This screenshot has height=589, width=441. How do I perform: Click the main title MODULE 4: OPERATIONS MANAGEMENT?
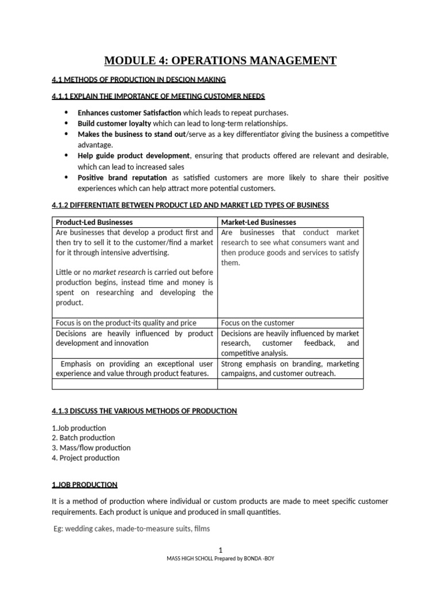click(220, 60)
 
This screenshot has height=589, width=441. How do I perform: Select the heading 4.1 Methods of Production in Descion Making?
click(138, 79)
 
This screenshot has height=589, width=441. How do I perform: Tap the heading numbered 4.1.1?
click(158, 95)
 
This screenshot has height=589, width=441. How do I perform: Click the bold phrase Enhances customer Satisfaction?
click(129, 113)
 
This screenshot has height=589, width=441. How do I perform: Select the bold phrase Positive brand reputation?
click(122, 177)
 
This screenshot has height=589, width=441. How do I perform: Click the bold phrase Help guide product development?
click(133, 156)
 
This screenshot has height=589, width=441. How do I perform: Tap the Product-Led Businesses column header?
click(94, 222)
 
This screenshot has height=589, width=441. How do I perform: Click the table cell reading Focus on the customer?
click(257, 323)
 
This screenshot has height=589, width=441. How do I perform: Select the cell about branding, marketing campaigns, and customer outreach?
click(290, 368)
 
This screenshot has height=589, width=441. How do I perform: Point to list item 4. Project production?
click(86, 458)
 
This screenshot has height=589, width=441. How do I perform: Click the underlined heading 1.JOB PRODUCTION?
click(84, 485)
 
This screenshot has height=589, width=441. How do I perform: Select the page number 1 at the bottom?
click(220, 550)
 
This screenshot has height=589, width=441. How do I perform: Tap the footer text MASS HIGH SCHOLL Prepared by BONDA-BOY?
click(220, 559)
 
